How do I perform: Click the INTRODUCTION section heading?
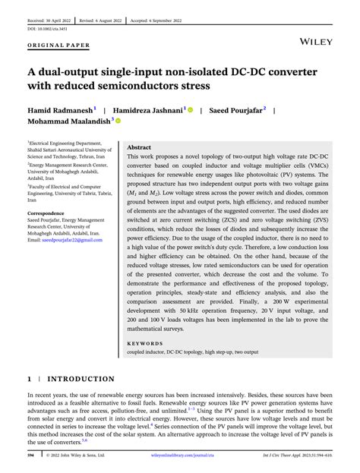point(81,378)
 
